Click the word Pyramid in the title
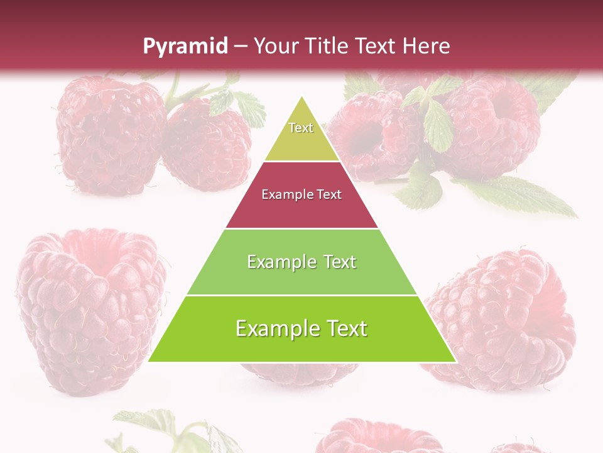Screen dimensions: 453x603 [x=185, y=47]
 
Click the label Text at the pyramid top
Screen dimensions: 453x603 [x=301, y=128]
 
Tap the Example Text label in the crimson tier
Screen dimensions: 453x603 [x=301, y=194]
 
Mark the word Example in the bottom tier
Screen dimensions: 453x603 [x=272, y=328]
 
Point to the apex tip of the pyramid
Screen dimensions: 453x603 [x=302, y=98]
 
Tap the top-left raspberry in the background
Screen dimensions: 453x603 [x=110, y=132]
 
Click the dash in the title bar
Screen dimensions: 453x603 [x=241, y=47]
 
